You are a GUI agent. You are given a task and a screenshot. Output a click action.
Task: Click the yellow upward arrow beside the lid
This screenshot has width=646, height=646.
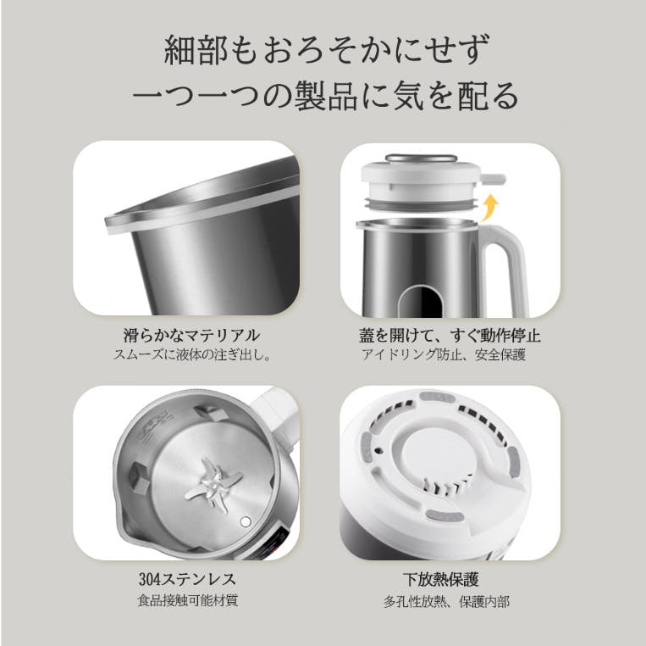[x=491, y=208]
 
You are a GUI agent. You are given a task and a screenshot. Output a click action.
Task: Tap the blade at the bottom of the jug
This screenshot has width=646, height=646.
[x=213, y=484]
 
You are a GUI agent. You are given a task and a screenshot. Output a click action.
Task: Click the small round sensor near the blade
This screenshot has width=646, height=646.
[x=246, y=521]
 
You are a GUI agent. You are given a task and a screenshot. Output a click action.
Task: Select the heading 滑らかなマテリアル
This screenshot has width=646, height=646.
[x=191, y=336]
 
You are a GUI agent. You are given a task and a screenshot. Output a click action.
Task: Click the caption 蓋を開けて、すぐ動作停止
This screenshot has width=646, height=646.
[x=450, y=336]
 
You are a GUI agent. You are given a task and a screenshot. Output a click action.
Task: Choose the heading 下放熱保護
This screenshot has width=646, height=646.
[x=440, y=580]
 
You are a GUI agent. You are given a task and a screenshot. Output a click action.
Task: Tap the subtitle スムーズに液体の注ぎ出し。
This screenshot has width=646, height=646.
[x=192, y=354]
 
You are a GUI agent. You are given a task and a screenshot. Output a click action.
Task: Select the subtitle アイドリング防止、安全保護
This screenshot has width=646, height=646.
[x=444, y=354]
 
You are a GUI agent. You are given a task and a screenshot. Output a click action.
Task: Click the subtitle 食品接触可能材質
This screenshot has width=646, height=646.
[x=188, y=600]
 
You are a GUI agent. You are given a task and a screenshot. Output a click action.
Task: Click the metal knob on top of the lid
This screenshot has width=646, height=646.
[x=421, y=159]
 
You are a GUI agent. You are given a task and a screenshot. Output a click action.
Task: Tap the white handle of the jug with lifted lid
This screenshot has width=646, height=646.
[x=506, y=264]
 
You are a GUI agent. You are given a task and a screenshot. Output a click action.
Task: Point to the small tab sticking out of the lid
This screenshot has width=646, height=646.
[x=493, y=179]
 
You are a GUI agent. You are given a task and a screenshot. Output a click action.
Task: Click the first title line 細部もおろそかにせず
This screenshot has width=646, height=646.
[x=327, y=50]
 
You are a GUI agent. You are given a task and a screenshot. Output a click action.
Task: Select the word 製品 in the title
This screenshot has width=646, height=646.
[x=326, y=96]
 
